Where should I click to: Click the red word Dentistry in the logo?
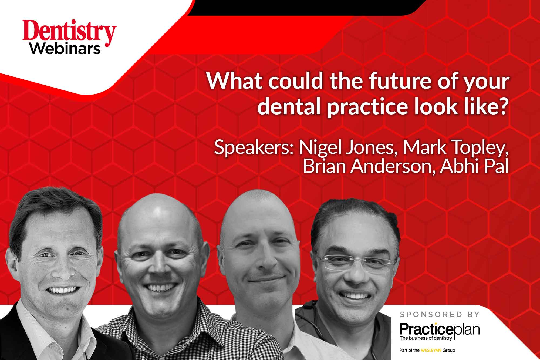click(x=70, y=32)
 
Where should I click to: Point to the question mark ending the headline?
click(x=502, y=106)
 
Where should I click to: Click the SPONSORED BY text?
click(x=440, y=314)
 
